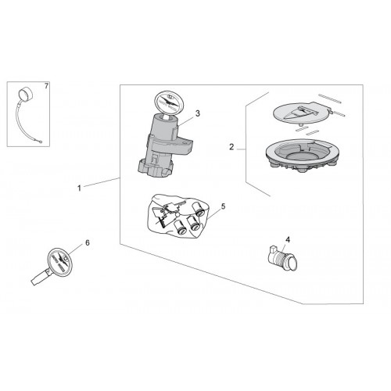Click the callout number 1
point(79,188)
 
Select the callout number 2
point(231,147)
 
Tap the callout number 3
point(198,113)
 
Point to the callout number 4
point(288,239)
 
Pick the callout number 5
point(223,206)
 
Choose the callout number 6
point(88,242)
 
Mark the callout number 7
point(46,86)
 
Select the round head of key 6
point(60,260)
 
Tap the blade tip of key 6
point(34,282)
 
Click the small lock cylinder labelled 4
point(283,258)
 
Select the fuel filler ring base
point(303,154)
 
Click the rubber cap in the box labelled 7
point(26,94)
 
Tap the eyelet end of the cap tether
point(39,142)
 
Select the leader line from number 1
point(102,182)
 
